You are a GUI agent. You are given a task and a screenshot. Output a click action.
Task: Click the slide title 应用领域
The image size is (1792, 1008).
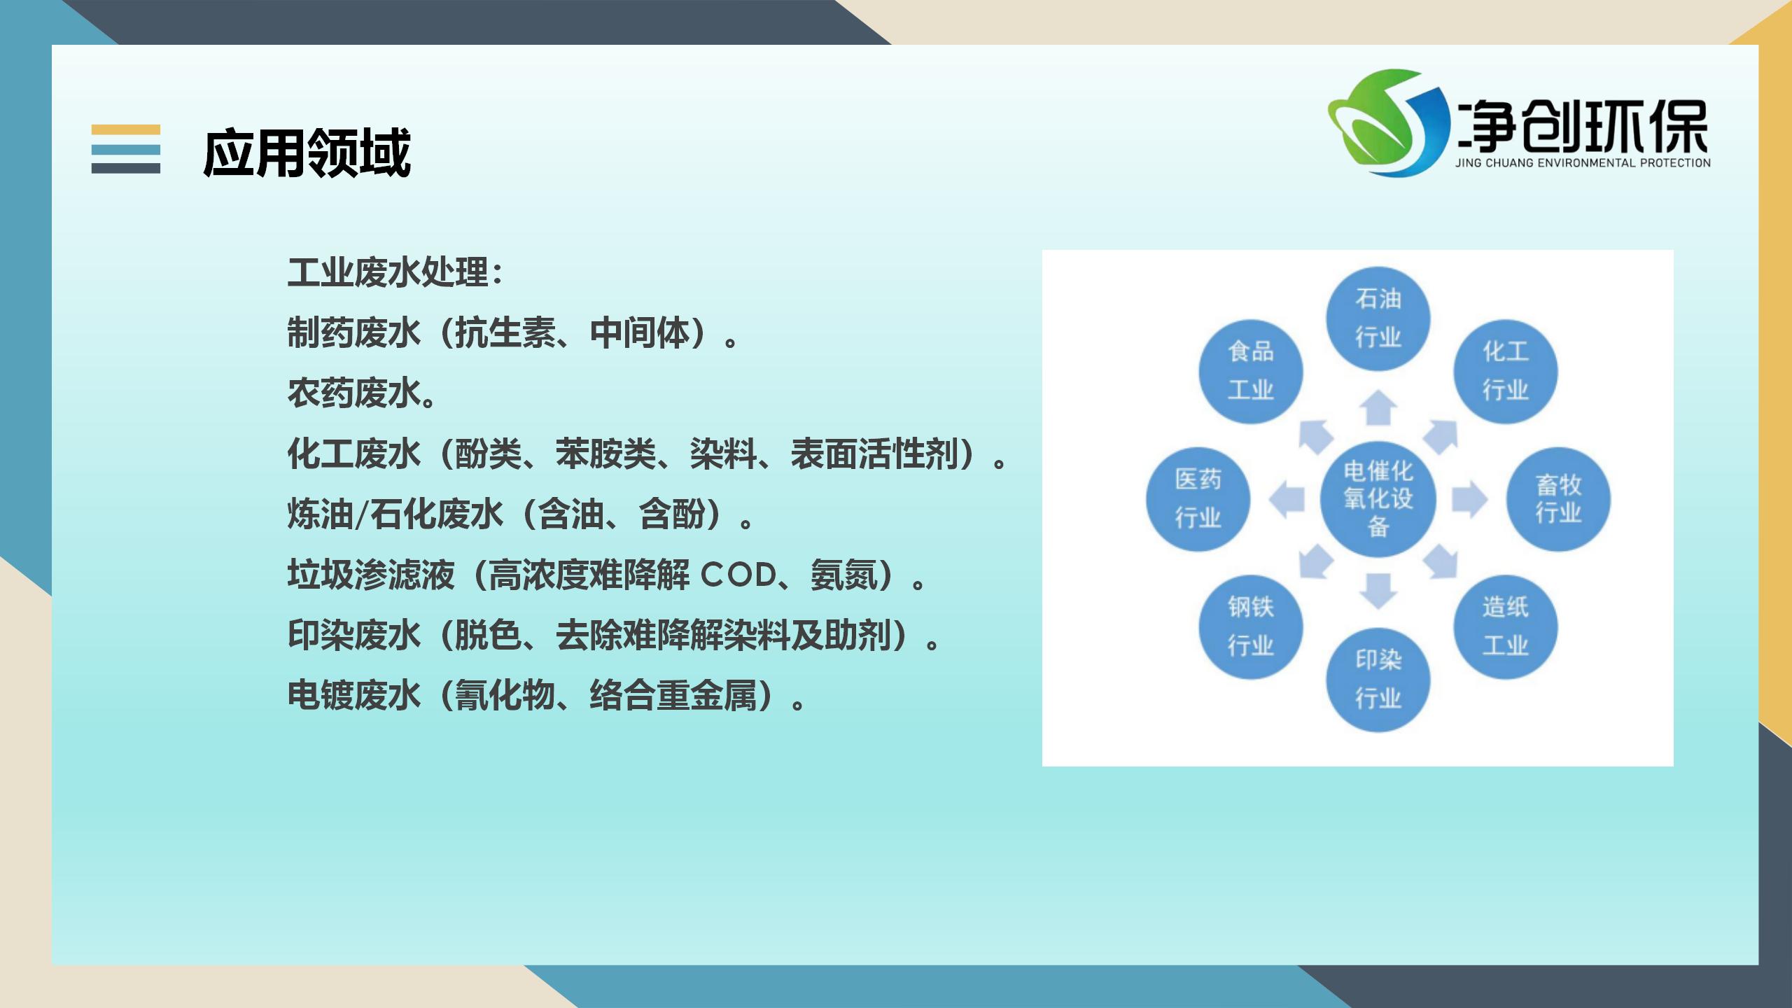[307, 152]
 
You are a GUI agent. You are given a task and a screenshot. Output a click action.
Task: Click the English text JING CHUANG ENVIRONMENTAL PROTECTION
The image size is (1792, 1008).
[1583, 163]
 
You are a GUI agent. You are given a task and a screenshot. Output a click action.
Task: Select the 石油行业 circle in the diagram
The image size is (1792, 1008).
[1378, 318]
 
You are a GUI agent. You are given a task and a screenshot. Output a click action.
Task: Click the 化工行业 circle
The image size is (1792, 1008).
[1506, 371]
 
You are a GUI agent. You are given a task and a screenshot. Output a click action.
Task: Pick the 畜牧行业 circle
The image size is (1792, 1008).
[1558, 499]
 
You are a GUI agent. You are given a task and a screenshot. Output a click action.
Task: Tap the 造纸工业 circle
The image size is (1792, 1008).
[1506, 626]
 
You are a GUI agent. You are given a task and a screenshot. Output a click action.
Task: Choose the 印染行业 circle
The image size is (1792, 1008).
[1378, 679]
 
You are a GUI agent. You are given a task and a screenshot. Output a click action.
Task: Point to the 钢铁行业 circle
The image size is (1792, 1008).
[1251, 626]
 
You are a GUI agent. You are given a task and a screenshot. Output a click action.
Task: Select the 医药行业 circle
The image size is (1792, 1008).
[1198, 499]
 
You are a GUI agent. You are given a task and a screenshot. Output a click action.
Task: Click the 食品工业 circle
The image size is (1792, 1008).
[1251, 371]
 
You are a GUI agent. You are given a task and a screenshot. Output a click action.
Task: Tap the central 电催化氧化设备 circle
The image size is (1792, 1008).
[1378, 499]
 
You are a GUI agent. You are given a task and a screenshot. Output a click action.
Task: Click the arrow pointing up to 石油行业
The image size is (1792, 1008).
[1378, 407]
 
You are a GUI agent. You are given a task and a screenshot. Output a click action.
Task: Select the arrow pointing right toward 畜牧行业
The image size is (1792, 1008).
[1469, 499]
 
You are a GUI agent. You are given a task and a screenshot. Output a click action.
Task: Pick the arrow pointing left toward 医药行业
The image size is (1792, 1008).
[1287, 500]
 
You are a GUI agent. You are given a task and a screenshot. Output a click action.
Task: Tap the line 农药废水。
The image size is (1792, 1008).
[363, 393]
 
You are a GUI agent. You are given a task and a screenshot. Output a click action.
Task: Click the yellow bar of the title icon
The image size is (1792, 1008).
[126, 129]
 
